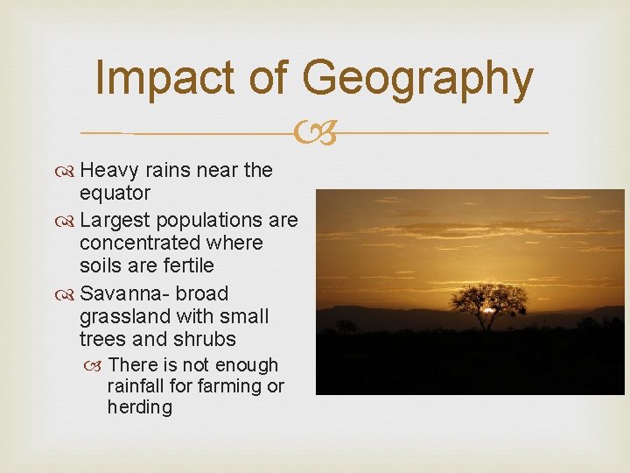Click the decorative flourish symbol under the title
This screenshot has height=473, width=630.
pos(314,134)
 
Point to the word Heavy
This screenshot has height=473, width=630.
pos(108,170)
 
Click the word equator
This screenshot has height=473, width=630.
pos(115,192)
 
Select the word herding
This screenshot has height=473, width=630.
pos(140,407)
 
